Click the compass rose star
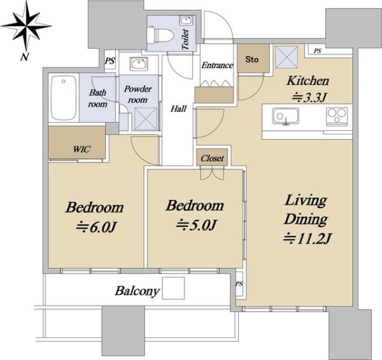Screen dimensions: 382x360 [26, 25]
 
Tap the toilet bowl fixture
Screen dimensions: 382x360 [160, 35]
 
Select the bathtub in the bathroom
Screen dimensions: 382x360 [64, 97]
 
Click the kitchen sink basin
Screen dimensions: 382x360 [285, 116]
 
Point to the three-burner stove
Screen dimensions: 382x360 [337, 116]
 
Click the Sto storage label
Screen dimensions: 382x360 [252, 59]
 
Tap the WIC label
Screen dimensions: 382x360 [81, 149]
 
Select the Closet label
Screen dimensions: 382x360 [212, 159]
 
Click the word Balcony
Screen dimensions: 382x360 [137, 291]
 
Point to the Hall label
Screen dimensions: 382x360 [178, 108]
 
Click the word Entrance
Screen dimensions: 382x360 [217, 65]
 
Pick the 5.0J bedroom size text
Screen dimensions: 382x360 [196, 225]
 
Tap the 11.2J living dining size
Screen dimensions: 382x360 [307, 238]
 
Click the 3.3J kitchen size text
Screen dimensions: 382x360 [309, 97]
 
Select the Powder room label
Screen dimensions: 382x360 [138, 94]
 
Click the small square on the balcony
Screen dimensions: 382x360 [173, 289]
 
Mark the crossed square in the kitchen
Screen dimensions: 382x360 [286, 57]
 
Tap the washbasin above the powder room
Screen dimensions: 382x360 [139, 64]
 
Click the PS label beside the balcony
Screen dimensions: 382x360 [239, 284]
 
